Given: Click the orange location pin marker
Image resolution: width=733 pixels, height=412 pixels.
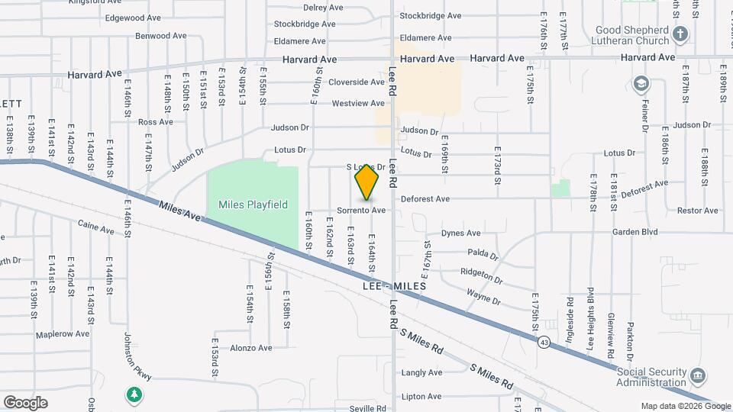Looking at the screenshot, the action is [x=366, y=182].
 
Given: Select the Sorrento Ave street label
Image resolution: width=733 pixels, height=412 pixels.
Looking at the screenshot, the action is [x=362, y=210].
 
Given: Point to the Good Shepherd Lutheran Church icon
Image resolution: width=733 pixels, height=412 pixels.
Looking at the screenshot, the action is [x=680, y=34].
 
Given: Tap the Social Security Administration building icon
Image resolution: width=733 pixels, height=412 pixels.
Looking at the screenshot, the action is [x=696, y=376].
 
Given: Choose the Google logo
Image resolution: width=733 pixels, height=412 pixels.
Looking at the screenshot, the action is [x=25, y=403].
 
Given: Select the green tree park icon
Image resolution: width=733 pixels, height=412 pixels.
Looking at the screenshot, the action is [x=134, y=394].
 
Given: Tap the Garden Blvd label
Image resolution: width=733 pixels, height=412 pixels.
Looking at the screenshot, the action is [x=634, y=232].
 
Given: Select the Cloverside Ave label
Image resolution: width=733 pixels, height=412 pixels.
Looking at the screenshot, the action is [x=357, y=82].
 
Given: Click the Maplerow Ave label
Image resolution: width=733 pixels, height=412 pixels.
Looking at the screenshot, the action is [x=63, y=333].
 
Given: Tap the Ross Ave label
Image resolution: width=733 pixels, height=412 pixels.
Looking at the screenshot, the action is [x=156, y=122].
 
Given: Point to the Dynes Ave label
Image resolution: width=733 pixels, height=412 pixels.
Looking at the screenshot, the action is [x=462, y=233].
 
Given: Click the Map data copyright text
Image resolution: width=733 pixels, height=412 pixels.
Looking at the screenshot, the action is [x=684, y=406].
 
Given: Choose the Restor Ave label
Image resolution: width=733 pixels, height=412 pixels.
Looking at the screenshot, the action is [x=698, y=211].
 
